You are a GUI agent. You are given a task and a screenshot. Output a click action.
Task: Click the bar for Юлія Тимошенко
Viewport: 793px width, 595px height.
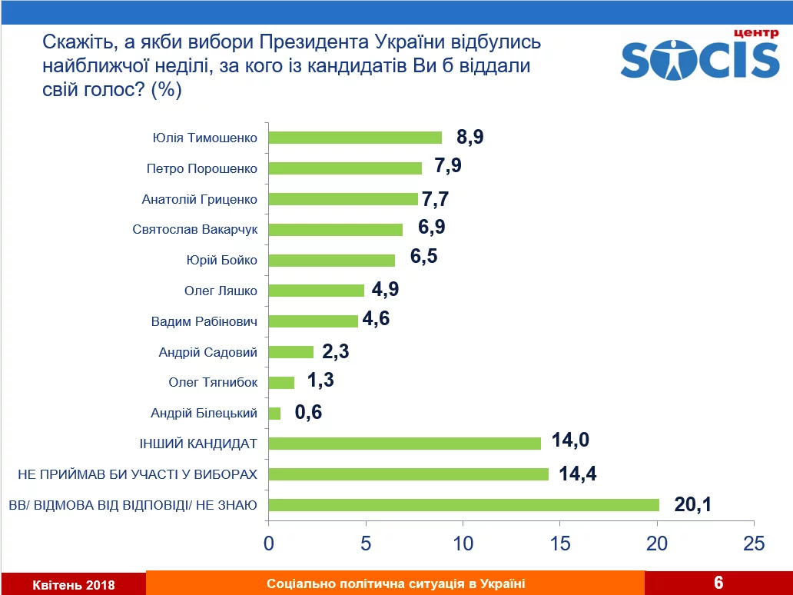[355, 138]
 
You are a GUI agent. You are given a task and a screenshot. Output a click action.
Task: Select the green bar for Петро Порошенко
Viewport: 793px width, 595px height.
[345, 168]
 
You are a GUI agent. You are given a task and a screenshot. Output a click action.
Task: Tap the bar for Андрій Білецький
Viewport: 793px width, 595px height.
[275, 414]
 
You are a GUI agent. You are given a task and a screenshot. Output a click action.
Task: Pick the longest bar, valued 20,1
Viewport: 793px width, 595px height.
[464, 505]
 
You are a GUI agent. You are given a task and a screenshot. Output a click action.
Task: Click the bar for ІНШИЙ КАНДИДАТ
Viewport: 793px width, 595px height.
[405, 444]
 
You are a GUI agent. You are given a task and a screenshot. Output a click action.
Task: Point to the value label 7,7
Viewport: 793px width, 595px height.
[434, 198]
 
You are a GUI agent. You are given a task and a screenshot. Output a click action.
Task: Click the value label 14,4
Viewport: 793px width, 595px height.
[578, 474]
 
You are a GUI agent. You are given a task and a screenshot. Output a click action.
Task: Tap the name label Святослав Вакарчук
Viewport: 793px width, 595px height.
[194, 230]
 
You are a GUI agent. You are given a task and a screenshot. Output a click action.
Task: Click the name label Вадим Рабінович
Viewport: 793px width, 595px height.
[204, 321]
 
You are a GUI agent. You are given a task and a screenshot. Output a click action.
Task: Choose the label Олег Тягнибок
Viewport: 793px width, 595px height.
[213, 382]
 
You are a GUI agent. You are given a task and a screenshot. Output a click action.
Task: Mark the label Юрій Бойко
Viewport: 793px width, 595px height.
[221, 260]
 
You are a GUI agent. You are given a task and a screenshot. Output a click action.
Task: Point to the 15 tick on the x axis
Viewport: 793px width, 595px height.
[560, 543]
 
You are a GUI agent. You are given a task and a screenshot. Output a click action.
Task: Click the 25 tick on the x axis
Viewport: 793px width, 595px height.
[755, 543]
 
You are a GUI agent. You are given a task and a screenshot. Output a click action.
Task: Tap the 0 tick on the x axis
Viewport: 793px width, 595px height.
[269, 543]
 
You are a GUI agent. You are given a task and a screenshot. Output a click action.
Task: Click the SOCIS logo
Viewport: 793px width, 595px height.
[699, 57]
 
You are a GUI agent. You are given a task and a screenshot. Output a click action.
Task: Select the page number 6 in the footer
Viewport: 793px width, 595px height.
[718, 583]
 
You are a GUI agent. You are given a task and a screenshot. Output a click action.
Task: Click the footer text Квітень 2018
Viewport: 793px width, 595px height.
[74, 585]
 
